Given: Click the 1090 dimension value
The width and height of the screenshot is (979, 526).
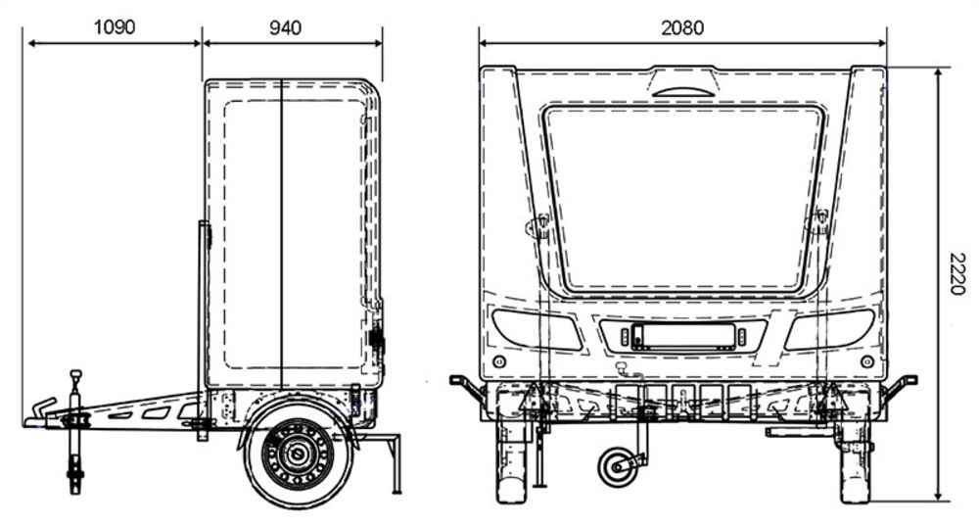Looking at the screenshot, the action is pos(114,27).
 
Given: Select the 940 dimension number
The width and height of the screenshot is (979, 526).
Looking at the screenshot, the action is pos(285,27).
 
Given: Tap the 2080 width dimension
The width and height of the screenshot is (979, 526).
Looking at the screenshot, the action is pos(682,27).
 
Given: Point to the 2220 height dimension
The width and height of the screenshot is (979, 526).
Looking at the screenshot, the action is pos(956,273).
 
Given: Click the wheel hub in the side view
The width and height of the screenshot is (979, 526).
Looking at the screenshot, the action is pos(298,453).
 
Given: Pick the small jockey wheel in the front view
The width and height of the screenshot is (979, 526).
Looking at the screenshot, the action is pos(617,467).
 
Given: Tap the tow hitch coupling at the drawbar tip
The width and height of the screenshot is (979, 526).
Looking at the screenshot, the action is pos(39,413).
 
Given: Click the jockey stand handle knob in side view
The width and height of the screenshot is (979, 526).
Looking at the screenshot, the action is pos(75,375).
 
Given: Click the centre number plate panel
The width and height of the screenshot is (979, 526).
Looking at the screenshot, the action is pos(682,337).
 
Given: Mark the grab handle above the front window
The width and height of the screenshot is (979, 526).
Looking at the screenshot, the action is pos(683,91).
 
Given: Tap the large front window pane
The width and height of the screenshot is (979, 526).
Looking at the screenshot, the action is pos(683,200).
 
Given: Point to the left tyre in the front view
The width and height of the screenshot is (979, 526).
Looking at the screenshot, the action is pos(511,462).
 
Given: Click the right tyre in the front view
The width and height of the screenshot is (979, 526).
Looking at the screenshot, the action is pos(855,462).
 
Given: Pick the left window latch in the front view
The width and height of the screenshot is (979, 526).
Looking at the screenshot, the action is pos(537,225).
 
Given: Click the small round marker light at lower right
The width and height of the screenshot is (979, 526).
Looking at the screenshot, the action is pos(866,361).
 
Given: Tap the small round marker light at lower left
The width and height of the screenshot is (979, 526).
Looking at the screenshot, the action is pos(499,361).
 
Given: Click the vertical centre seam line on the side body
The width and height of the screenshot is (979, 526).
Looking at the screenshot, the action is pos(282,234).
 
